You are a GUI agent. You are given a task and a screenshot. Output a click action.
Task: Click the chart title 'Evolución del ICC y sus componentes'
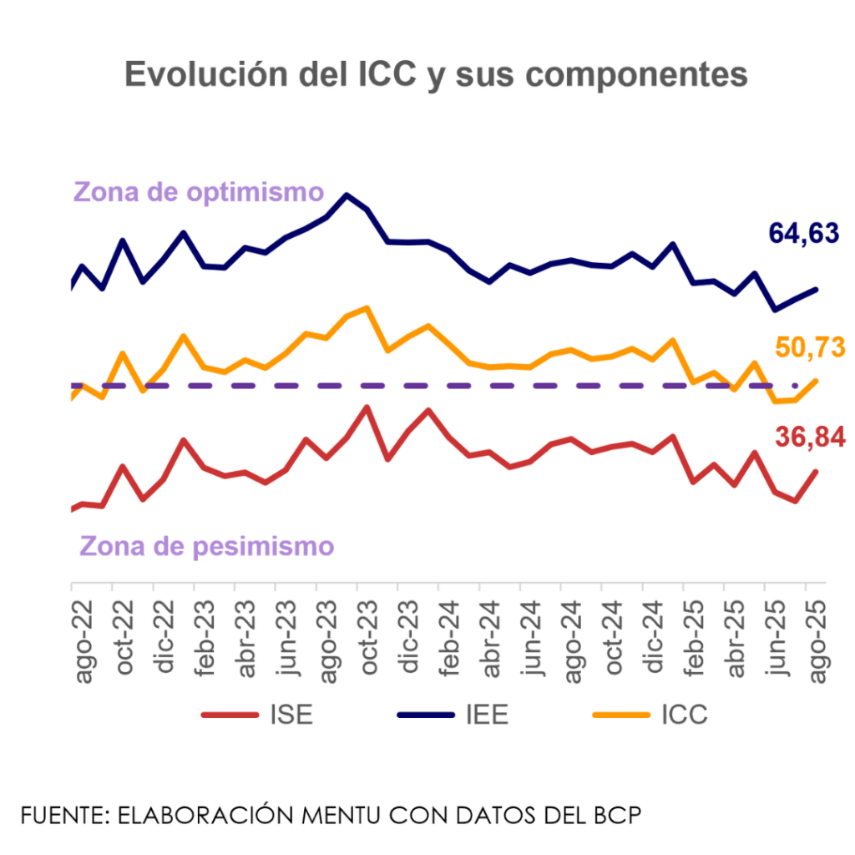[435, 75]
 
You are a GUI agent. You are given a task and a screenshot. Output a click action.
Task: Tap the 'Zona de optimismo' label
[198, 192]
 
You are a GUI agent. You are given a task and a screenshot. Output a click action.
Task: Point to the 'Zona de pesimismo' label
[206, 546]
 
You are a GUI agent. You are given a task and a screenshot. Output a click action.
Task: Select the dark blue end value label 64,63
[803, 235]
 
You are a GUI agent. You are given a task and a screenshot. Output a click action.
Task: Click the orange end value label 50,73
[810, 347]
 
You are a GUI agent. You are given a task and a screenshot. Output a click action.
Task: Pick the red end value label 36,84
[810, 436]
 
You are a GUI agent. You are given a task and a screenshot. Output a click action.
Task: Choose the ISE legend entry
[256, 716]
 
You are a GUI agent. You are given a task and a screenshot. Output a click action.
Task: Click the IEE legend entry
[452, 716]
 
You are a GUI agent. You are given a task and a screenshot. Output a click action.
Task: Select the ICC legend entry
[649, 716]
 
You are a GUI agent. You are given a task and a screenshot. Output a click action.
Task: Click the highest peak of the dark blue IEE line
[347, 195]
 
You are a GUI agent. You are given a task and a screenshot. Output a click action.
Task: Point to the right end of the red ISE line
[816, 470]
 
